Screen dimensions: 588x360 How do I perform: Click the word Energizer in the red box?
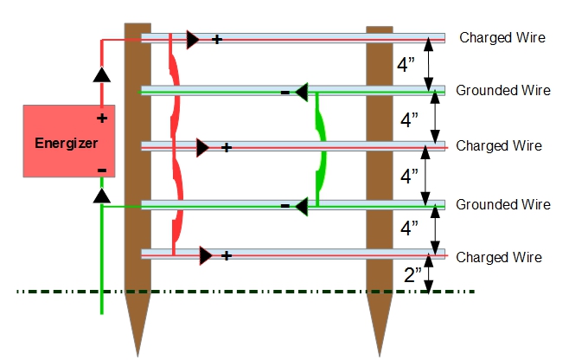coord(67,143)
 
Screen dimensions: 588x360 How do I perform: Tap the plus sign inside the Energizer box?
coord(101,118)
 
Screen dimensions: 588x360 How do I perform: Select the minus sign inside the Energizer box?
coord(101,170)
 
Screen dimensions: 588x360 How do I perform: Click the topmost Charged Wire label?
coord(502,37)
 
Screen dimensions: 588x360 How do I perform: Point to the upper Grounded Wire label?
coord(502,90)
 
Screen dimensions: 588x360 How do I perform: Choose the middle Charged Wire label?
coord(499,145)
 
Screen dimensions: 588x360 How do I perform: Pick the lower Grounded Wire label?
coord(502,204)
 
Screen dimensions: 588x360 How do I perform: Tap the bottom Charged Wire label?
coord(499,257)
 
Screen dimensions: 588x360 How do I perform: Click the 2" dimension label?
coord(413,275)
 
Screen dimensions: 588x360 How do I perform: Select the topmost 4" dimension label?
coord(406,65)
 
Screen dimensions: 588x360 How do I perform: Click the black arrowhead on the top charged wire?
coord(192,39)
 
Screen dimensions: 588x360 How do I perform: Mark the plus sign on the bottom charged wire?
coord(227,256)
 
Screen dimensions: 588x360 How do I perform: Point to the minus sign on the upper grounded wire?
coord(284,92)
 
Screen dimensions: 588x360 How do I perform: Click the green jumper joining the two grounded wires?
coord(322,147)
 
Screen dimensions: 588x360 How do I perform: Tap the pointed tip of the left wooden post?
coord(137,350)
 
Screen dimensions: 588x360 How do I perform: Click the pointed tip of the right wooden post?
coord(380,350)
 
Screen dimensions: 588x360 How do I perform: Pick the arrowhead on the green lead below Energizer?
coord(101,196)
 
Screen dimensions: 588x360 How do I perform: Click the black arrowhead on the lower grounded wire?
coord(301,206)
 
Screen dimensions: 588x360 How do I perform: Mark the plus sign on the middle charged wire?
coord(226,147)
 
